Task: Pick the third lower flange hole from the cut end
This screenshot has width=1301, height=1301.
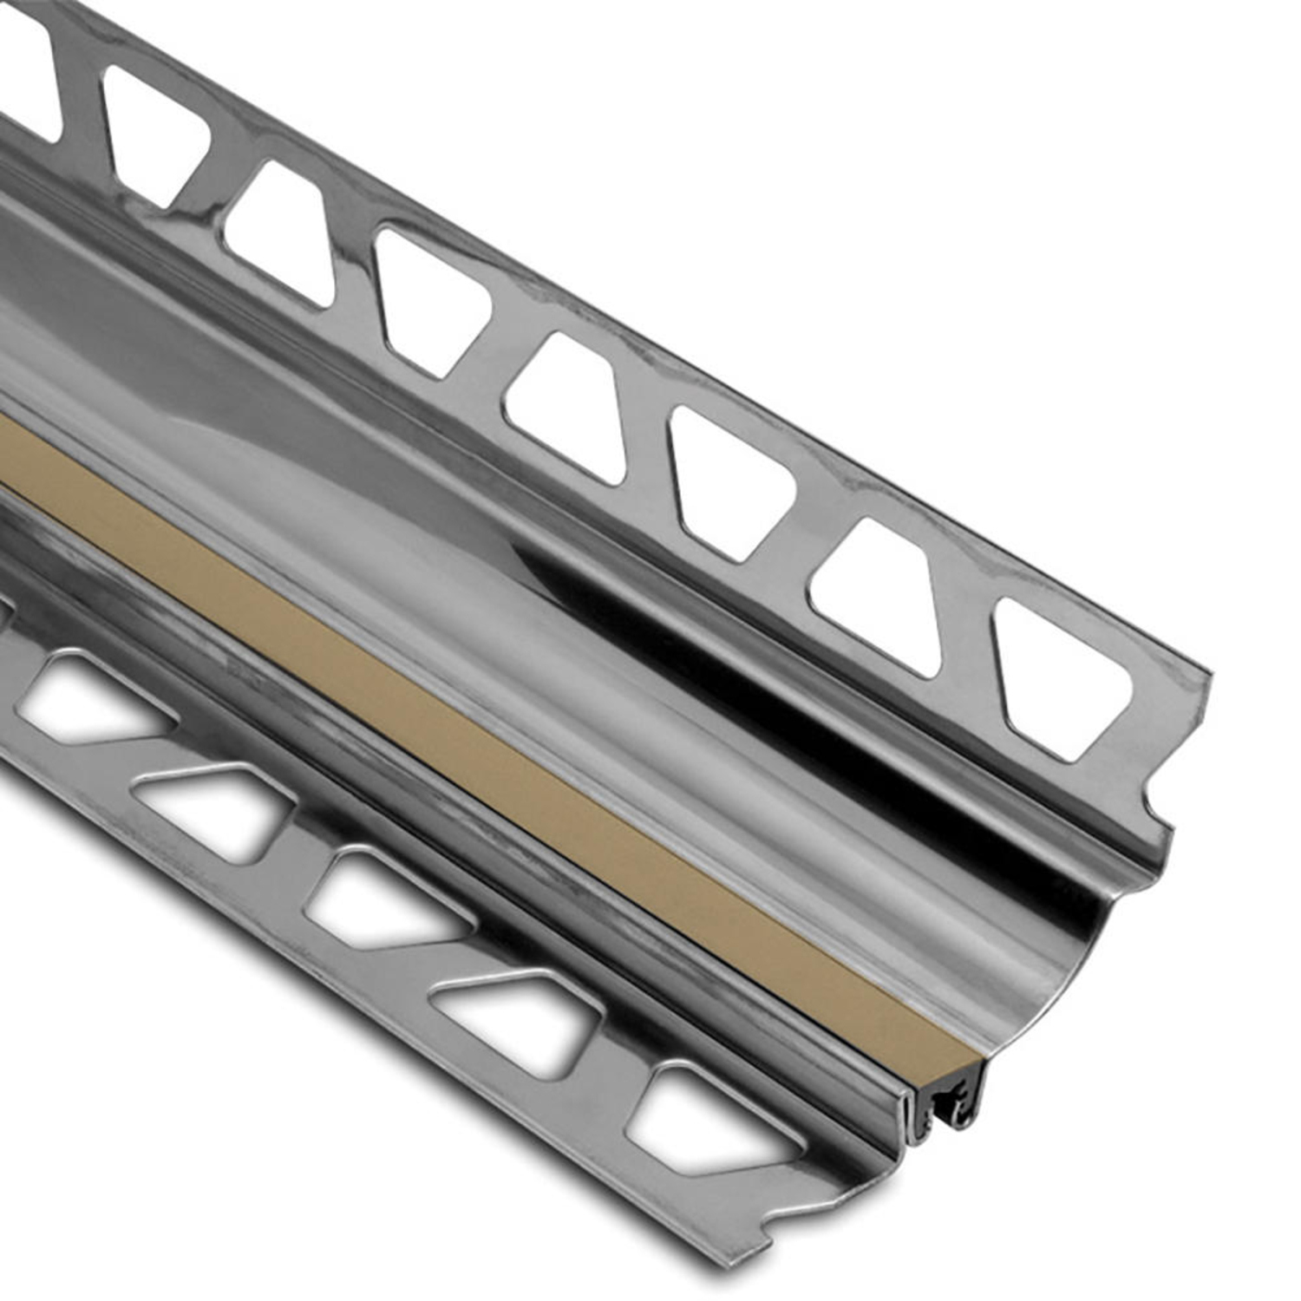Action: click(x=386, y=898)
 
